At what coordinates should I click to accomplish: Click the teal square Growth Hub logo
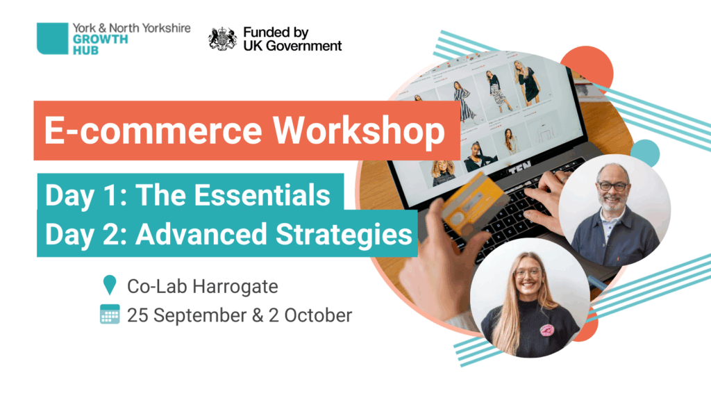(52, 39)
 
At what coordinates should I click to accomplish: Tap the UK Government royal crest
(222, 39)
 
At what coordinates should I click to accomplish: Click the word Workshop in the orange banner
(359, 131)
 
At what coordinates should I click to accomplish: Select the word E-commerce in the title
(153, 131)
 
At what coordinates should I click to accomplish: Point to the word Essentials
(265, 195)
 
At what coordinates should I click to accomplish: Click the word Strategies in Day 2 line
(344, 235)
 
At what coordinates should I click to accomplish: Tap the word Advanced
(201, 234)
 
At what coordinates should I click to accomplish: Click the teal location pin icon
(109, 285)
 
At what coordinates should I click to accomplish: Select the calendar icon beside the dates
(110, 314)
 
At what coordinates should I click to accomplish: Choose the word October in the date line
(318, 315)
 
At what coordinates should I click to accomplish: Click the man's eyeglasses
(613, 185)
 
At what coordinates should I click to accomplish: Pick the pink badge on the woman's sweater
(547, 330)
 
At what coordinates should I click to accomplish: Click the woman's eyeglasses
(528, 272)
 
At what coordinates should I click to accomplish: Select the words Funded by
(276, 33)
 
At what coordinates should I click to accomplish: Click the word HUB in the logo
(85, 50)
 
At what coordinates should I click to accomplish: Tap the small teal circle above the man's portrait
(645, 152)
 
